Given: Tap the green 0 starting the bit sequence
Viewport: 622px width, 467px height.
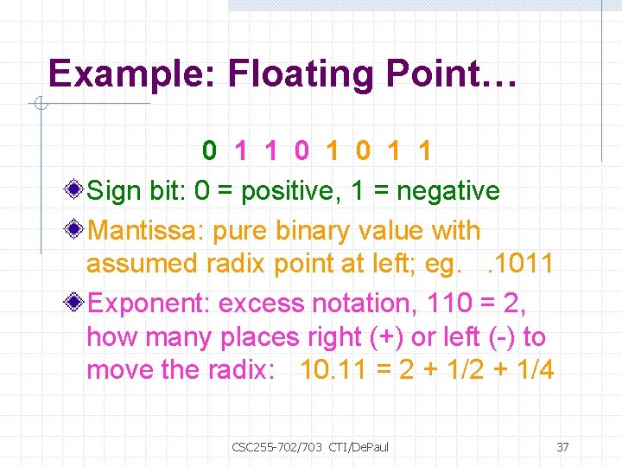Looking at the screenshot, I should [210, 151].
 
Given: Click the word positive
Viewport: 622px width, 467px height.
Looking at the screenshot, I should [292, 191].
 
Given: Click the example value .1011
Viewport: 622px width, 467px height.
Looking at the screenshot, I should [520, 264].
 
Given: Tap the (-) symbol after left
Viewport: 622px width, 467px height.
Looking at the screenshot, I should [501, 337].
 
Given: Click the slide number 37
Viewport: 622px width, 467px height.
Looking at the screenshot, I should [562, 447].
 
